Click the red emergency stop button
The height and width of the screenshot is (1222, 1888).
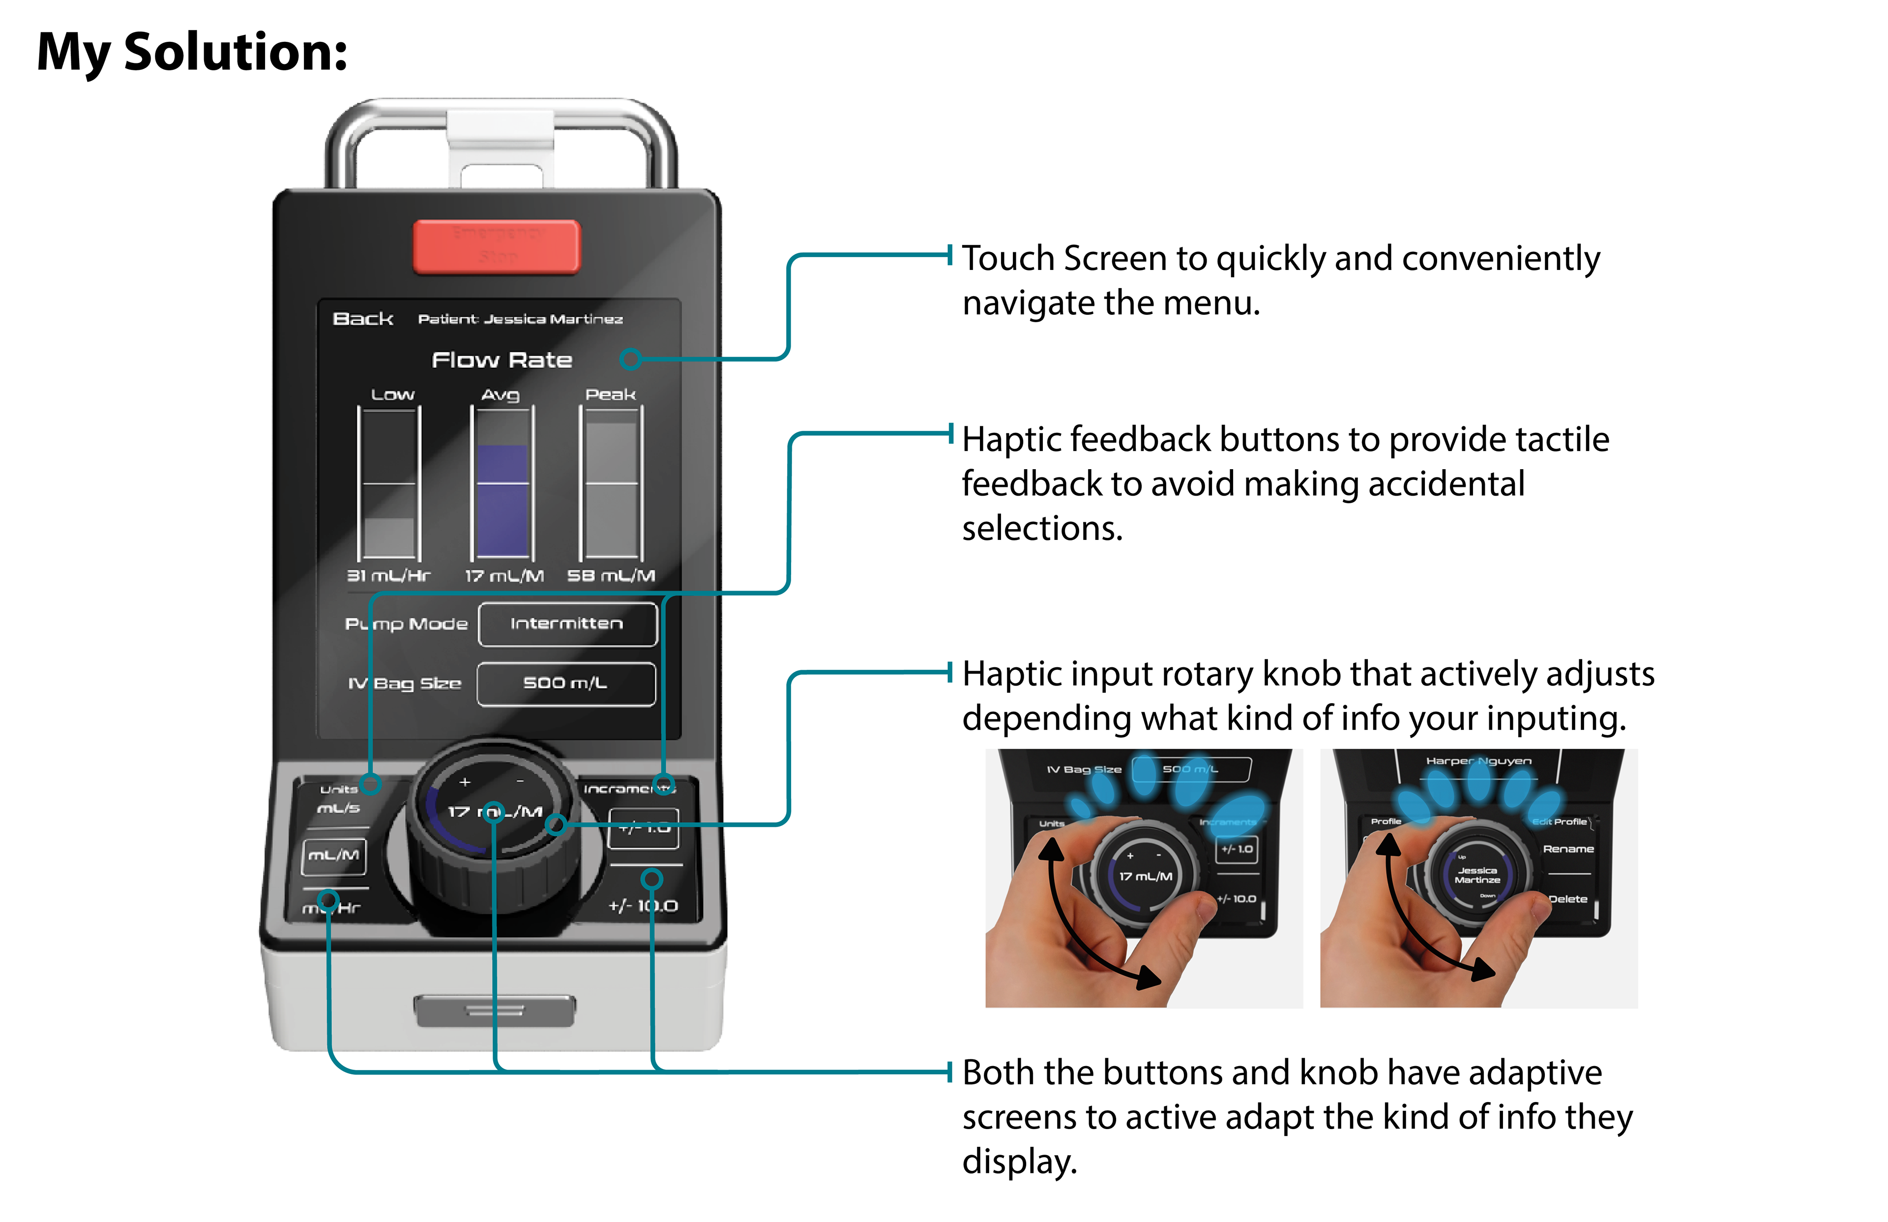click(x=497, y=246)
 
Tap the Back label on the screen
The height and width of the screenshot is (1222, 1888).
click(x=362, y=319)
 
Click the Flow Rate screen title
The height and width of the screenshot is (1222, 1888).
click(x=501, y=360)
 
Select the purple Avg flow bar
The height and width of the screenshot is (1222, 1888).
click(x=501, y=500)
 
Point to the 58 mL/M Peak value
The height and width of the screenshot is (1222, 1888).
click(x=611, y=575)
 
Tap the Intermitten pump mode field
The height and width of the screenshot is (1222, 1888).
click(x=567, y=624)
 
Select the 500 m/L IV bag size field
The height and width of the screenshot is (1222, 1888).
click(x=565, y=683)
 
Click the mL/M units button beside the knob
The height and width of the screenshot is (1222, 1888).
click(x=334, y=856)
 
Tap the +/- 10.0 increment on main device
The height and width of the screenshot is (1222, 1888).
click(x=644, y=905)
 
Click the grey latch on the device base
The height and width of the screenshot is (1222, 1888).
click(x=495, y=1010)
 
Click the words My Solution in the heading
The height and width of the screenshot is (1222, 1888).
click(x=192, y=52)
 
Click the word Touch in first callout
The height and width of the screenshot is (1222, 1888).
click(x=1007, y=259)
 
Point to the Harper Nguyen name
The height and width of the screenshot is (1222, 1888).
click(x=1478, y=761)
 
